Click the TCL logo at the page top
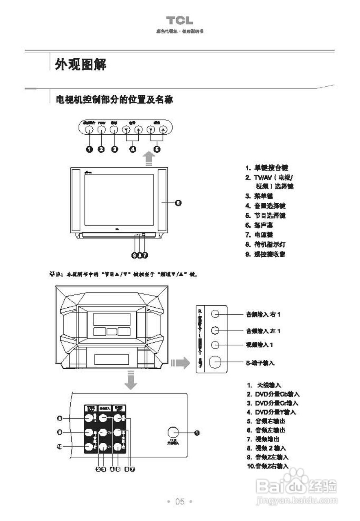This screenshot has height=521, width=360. pyautogui.click(x=179, y=21)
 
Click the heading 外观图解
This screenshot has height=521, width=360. pyautogui.click(x=81, y=64)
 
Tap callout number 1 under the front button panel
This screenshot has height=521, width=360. pyautogui.click(x=89, y=149)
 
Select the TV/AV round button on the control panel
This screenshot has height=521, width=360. pyautogui.click(x=102, y=129)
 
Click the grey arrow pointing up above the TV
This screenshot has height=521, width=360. pyautogui.click(x=150, y=158)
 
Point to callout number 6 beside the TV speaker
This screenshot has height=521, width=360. pyautogui.click(x=178, y=203)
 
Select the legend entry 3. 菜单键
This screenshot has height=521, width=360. pyautogui.click(x=259, y=196)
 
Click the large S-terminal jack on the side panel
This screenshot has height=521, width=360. pyautogui.click(x=216, y=361)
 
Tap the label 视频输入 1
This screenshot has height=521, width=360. pyautogui.click(x=259, y=345)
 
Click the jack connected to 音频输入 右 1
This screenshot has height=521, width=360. pyautogui.click(x=216, y=314)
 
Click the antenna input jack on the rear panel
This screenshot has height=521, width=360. pyautogui.click(x=173, y=433)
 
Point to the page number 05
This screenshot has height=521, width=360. pyautogui.click(x=180, y=501)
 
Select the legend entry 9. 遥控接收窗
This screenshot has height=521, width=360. pyautogui.click(x=265, y=254)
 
